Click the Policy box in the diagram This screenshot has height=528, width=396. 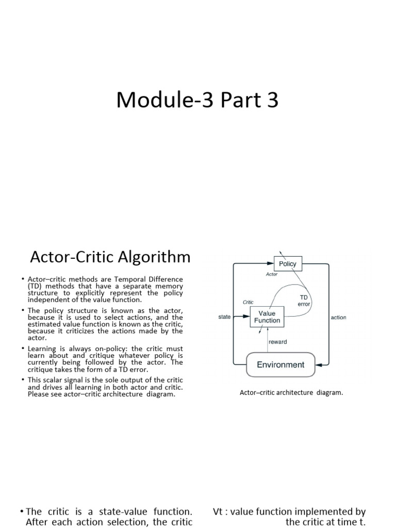(288, 263)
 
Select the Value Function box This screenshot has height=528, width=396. (267, 317)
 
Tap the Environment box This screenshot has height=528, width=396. (280, 365)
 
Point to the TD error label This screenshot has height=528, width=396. (304, 301)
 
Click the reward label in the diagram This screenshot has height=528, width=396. (278, 342)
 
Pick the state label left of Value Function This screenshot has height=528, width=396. (224, 317)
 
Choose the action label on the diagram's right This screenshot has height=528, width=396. (338, 317)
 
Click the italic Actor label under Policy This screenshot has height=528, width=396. (272, 274)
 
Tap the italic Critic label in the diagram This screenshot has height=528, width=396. (248, 302)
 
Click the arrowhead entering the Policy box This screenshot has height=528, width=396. (271, 263)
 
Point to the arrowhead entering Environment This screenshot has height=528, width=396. (319, 365)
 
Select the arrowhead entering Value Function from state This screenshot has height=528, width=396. (247, 317)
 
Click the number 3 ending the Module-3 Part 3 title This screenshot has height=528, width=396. (272, 100)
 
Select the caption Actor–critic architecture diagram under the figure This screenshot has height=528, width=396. (291, 392)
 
